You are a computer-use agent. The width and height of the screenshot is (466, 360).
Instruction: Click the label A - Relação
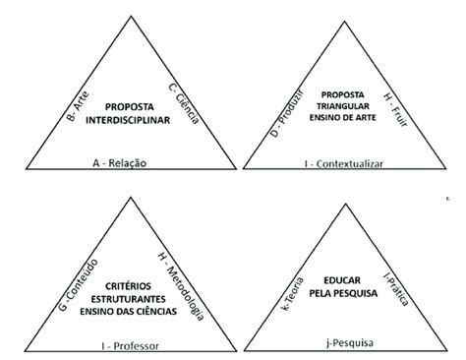click(x=121, y=162)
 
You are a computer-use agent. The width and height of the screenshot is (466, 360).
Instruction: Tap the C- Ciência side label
click(x=184, y=102)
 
